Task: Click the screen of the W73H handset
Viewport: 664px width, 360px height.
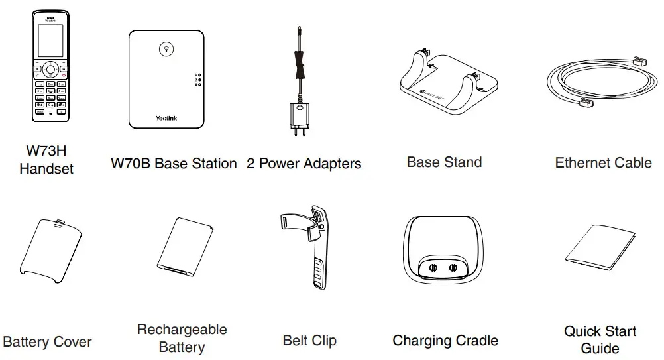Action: click(x=50, y=42)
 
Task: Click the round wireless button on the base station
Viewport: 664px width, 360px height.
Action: click(x=166, y=49)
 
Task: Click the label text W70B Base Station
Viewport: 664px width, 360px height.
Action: click(x=174, y=164)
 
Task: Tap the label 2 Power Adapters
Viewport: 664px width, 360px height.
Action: click(x=304, y=164)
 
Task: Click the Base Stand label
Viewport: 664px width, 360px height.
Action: click(x=444, y=162)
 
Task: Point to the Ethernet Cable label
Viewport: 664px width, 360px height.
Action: click(x=603, y=163)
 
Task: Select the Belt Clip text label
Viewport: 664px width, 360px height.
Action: click(x=309, y=341)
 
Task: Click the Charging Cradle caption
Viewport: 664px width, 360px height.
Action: click(x=445, y=341)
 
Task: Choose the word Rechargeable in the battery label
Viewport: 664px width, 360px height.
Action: click(x=182, y=330)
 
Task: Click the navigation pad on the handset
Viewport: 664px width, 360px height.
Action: click(x=50, y=69)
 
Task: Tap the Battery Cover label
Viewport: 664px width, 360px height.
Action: click(x=47, y=342)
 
